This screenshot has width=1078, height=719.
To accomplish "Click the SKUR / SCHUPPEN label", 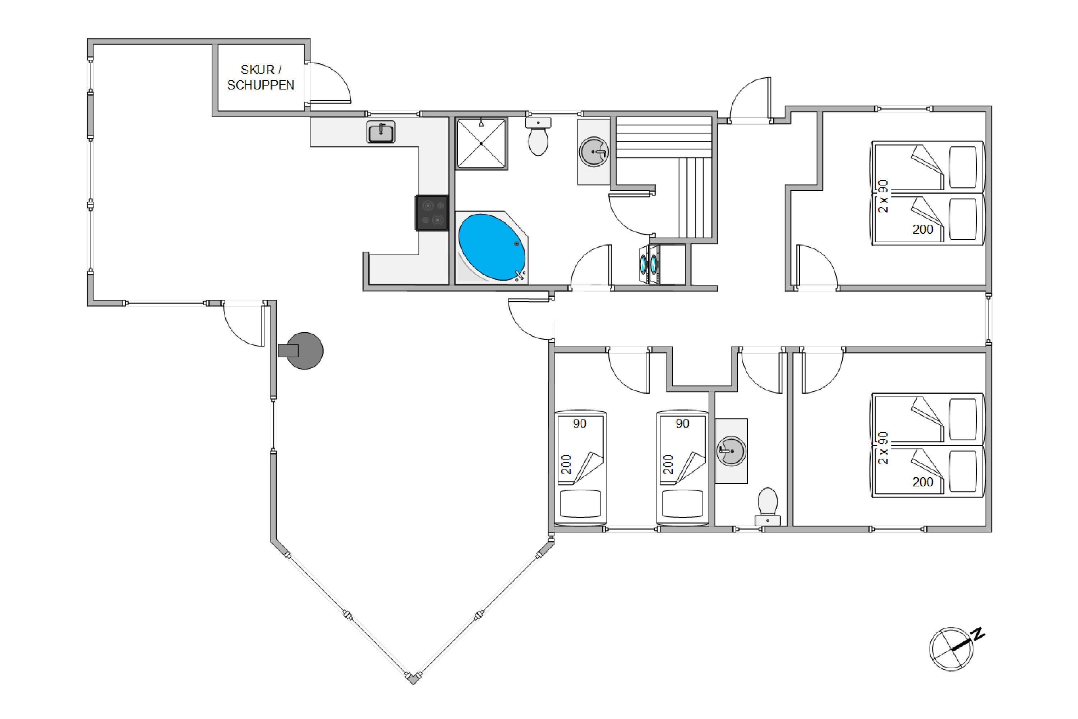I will pos(260,77).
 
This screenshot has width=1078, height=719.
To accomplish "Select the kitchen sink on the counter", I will pos(381,133).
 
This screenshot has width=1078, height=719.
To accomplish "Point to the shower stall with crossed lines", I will pos(481,143).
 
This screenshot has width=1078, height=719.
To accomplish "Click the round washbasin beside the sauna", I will pos(594,151).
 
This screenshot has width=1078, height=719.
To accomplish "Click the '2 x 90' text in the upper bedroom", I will pos(883,196).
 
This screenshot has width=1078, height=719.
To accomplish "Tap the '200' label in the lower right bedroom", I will pos(923,482).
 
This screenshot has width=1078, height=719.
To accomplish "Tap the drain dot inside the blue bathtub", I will pos(517,244).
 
